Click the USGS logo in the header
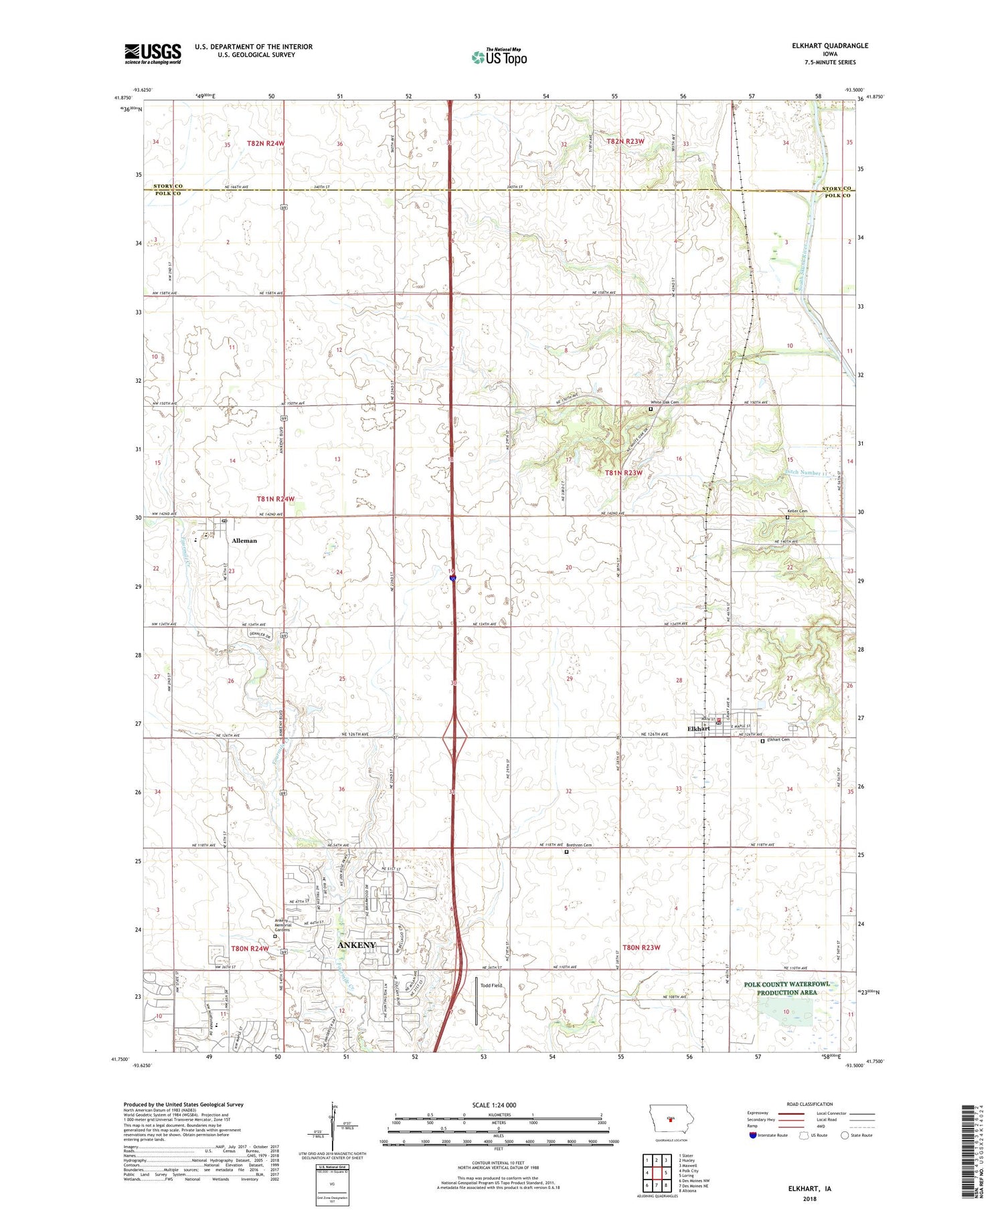point(153,54)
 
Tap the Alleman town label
point(244,541)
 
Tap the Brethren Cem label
point(579,845)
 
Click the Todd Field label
point(491,986)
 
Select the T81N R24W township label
point(275,499)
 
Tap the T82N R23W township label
point(625,141)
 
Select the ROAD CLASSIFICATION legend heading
point(810,1104)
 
